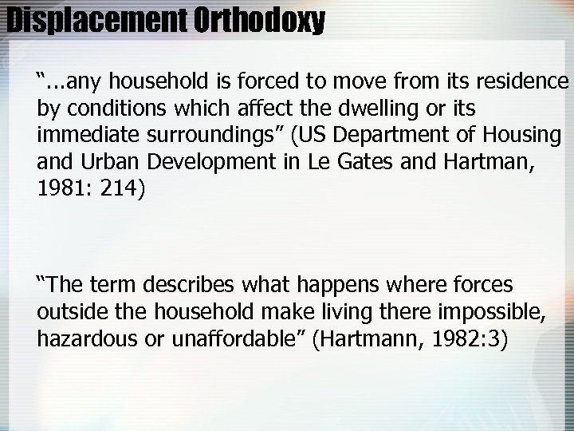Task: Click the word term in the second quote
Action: click(x=116, y=285)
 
